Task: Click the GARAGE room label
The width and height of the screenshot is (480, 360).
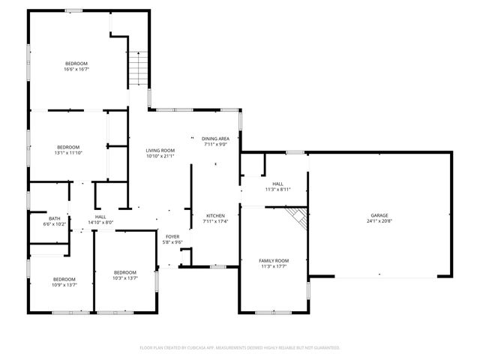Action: (x=378, y=214)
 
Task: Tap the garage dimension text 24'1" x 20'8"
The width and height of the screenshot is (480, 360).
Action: (x=378, y=221)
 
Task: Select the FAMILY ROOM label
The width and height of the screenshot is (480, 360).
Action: (x=274, y=260)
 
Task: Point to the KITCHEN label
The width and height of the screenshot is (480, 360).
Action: (x=215, y=215)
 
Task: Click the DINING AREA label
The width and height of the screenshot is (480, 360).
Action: (x=215, y=139)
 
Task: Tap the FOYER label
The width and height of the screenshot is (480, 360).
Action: (x=172, y=236)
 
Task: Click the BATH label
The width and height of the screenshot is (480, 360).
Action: (x=55, y=218)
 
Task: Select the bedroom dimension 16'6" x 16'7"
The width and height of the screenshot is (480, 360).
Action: (x=76, y=70)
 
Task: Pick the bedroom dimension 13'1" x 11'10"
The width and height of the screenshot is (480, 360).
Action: (x=67, y=153)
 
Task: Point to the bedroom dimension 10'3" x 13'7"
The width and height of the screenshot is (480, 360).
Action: (x=124, y=278)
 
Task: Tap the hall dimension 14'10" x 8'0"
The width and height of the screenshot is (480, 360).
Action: (x=100, y=223)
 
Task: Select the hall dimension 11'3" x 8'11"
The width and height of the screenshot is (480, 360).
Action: (x=277, y=190)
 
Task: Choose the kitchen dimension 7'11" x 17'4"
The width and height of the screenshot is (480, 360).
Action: (x=215, y=221)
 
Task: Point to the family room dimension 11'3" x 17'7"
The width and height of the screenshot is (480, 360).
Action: (x=274, y=266)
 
